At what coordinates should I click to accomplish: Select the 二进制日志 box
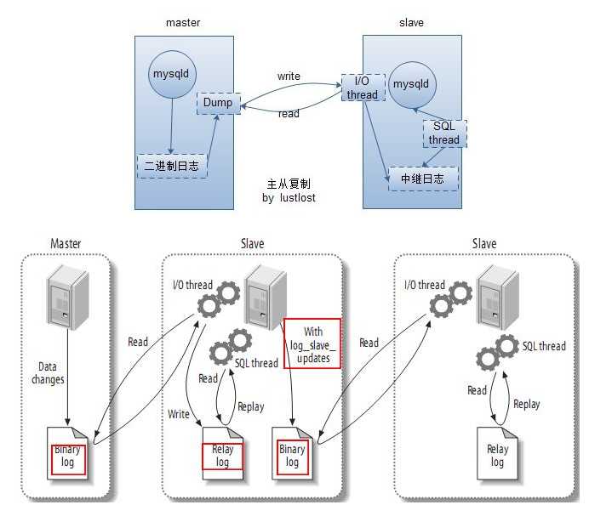[x=173, y=166]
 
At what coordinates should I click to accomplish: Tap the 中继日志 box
[x=422, y=179]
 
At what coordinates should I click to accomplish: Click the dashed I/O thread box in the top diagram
[x=362, y=88]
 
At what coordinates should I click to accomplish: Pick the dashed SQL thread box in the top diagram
[x=443, y=133]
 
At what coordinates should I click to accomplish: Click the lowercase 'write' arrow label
[x=289, y=77]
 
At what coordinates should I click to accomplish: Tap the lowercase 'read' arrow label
[x=289, y=114]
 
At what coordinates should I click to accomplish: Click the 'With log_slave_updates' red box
[x=312, y=343]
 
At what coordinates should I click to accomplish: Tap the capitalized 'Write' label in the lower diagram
[x=179, y=414]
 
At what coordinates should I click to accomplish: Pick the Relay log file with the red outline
[x=222, y=456]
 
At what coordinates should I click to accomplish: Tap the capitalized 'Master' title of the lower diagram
[x=66, y=244]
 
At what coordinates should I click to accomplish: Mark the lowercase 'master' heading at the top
[x=184, y=23]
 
